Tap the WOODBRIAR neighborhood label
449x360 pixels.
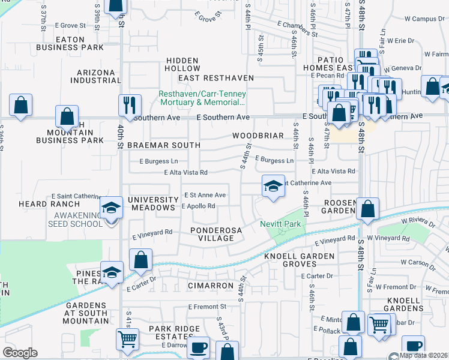(258, 136)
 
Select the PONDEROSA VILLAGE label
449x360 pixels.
(212, 234)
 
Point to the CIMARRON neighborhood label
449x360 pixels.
(210, 286)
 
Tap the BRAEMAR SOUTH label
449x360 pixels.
(155, 145)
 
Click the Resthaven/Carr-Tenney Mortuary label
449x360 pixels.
(206, 98)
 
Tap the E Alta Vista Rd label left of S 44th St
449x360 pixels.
(186, 172)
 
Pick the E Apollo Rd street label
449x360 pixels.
(198, 206)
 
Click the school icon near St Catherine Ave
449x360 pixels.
(273, 186)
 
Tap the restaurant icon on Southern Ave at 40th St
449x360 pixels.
(130, 105)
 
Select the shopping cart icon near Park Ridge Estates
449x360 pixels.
(127, 338)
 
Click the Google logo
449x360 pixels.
(20, 353)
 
